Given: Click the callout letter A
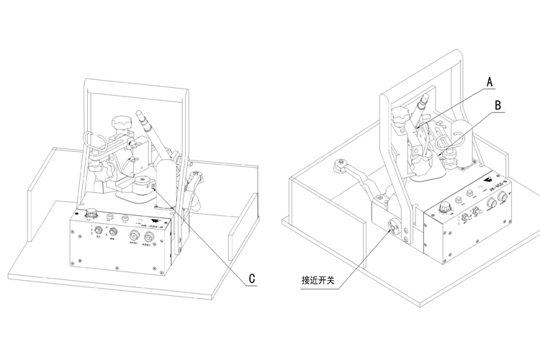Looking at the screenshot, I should [490, 82].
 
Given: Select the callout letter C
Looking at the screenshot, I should [252, 277].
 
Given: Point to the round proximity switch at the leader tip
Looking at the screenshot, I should [392, 228].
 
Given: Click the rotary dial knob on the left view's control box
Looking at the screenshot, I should [91, 214].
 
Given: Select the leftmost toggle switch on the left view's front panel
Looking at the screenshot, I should [99, 231].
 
